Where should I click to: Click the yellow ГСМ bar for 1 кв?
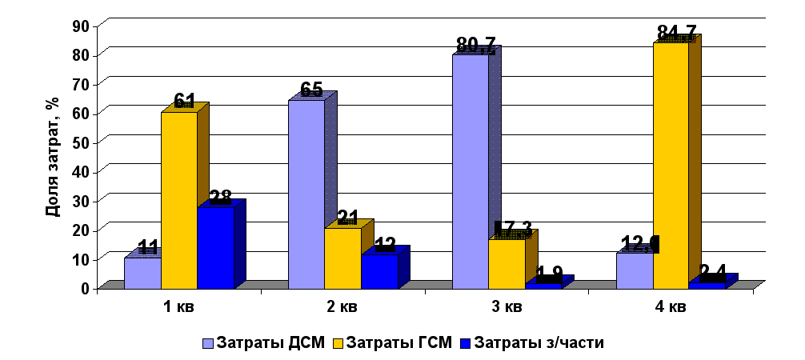click(x=179, y=200)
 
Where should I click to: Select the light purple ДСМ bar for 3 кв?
click(x=471, y=171)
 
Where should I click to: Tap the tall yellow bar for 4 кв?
click(x=671, y=165)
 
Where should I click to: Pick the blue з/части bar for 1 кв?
click(x=215, y=247)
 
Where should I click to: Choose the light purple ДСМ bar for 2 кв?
click(x=306, y=194)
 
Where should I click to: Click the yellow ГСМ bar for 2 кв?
click(x=342, y=258)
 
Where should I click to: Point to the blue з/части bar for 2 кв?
click(x=379, y=271)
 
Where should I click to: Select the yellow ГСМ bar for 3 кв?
click(x=507, y=262)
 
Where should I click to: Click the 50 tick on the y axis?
click(x=81, y=142)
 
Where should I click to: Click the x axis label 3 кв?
click(x=506, y=307)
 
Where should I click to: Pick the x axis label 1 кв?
click(x=178, y=307)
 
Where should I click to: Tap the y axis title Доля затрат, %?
click(x=52, y=157)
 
